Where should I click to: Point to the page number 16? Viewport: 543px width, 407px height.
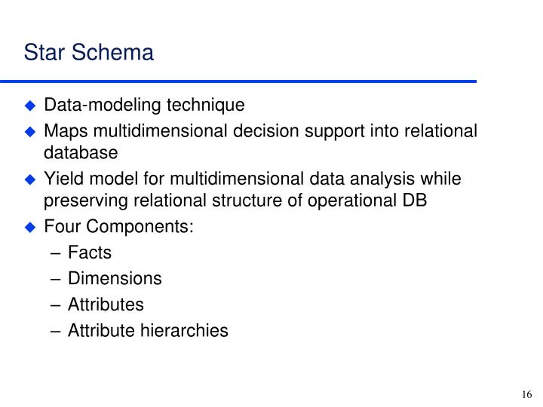pos(526,394)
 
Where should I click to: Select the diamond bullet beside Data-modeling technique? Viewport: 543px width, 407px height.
pos(31,105)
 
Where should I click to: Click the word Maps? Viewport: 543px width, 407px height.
pos(63,131)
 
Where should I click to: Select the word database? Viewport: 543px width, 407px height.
pos(81,153)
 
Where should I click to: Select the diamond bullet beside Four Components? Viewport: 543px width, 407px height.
pos(31,227)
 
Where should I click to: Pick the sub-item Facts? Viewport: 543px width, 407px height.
pos(89,252)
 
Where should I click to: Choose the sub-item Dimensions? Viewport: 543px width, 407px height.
pos(115,278)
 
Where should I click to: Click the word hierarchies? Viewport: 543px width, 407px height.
pos(186,329)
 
